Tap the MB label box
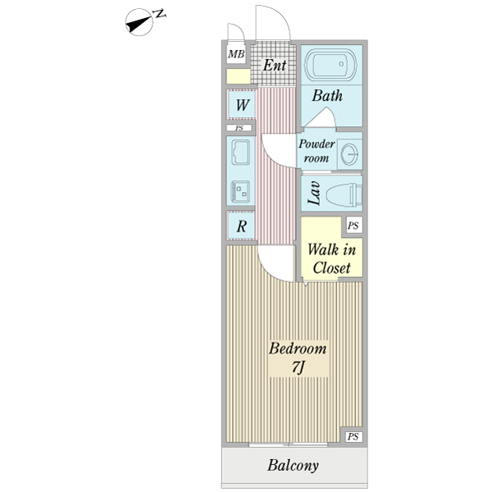point(237,55)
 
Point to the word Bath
point(327,96)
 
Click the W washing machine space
point(242,105)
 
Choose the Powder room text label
point(316,151)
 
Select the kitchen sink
point(241,153)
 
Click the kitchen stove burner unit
point(241,191)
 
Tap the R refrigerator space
point(242,226)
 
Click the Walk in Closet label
point(329,258)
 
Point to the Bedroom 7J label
point(298,358)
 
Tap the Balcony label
point(293,467)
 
